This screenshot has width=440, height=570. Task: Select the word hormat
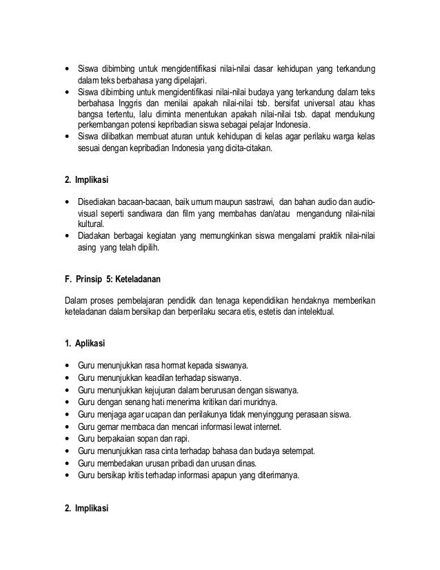tap(172, 366)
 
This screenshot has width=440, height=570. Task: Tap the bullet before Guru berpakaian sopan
tap(66, 439)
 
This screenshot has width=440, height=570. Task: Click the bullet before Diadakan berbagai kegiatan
tap(66, 237)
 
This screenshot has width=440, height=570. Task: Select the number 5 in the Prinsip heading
tap(103, 280)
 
